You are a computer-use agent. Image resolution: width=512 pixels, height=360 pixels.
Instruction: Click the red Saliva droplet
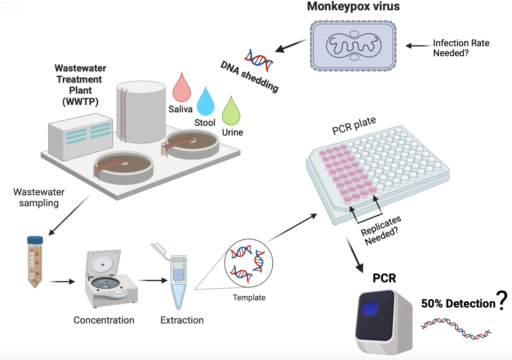point(181,90)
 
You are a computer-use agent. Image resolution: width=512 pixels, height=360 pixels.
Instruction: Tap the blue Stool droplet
point(206,103)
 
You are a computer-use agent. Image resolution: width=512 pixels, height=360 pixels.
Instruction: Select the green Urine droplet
point(231,113)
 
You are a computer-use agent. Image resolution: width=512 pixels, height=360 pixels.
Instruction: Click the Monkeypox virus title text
point(353,6)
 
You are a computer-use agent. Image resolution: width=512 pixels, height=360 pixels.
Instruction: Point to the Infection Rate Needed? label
point(461,48)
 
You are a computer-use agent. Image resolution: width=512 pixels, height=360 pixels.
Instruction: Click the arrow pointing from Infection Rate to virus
point(418,46)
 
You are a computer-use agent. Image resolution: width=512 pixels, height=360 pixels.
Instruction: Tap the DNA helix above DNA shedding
point(259,60)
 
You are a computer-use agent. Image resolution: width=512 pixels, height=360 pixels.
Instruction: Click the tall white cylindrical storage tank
point(141,112)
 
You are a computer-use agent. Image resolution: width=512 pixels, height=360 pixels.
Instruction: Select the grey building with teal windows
point(81,137)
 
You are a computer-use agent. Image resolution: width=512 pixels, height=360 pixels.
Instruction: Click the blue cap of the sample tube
point(35,240)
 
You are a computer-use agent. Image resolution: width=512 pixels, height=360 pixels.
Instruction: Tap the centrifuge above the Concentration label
point(110,278)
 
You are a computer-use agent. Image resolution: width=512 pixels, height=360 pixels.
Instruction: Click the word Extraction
point(182,320)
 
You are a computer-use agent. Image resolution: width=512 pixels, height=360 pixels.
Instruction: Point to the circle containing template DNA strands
point(248,263)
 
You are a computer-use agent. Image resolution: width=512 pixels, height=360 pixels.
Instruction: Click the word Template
point(249,298)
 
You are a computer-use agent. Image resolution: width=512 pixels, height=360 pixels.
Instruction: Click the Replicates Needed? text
point(381,230)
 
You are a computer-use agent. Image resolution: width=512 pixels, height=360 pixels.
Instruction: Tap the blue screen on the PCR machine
point(370,308)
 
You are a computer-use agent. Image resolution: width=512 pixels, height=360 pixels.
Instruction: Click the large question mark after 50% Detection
point(503,300)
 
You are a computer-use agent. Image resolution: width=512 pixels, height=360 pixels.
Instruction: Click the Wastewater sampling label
point(39,198)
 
